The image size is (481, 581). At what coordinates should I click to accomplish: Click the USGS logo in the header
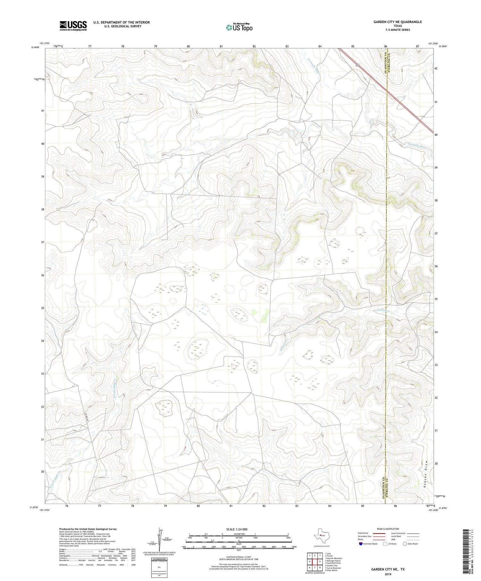click(73, 26)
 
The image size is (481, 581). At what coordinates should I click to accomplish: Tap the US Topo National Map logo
click(239, 27)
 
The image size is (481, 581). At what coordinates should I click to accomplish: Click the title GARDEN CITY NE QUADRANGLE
click(397, 22)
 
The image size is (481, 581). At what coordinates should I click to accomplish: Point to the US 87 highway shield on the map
click(357, 65)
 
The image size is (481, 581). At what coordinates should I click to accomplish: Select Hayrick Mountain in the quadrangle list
click(333, 558)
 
